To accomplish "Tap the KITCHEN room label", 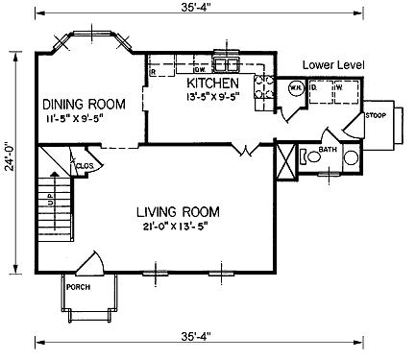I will tap(211, 84).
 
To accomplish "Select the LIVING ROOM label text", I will tap(177, 211).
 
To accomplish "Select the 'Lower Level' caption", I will tap(331, 64).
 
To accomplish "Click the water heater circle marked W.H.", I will tap(297, 89).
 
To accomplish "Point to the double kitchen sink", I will tap(228, 65).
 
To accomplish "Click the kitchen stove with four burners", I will tap(261, 88).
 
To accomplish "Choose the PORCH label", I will tap(77, 287).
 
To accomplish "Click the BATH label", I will tap(327, 149).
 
